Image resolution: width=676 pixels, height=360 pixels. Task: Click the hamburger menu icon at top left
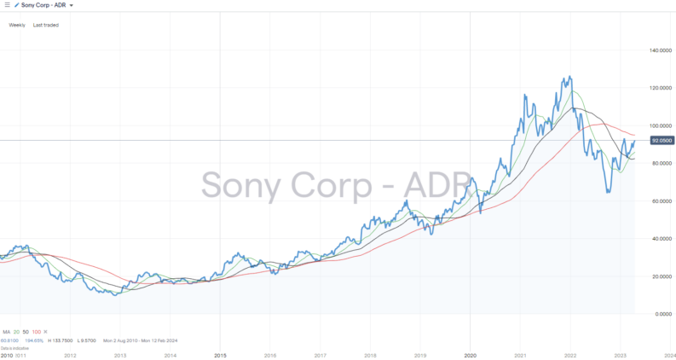[x=7, y=5]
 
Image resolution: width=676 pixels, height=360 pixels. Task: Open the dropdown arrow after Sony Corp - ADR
[x=72, y=5]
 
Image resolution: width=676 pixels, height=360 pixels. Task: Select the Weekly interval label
[x=17, y=25]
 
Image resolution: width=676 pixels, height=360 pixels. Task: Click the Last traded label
[x=46, y=25]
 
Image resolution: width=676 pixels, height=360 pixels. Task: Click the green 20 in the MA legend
[x=18, y=331]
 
